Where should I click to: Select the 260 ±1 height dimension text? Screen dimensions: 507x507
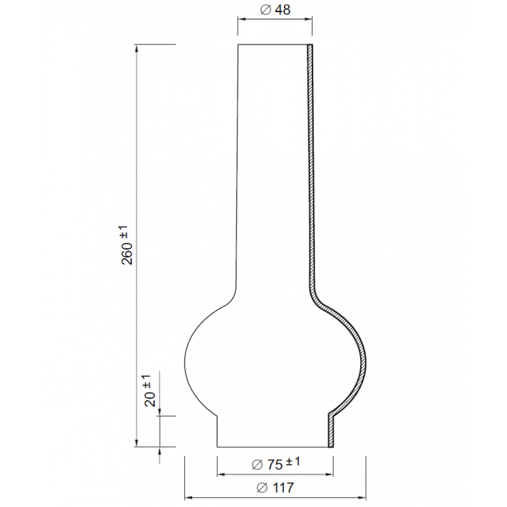(127, 245)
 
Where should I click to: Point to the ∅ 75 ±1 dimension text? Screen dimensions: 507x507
(275, 464)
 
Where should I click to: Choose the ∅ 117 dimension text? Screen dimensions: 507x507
(275, 487)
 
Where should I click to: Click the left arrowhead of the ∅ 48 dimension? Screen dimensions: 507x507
(240, 19)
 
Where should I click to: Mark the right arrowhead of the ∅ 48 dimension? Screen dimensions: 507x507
(311, 19)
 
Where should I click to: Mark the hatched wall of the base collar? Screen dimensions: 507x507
(330, 431)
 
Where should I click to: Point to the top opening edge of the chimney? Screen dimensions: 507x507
(273, 44)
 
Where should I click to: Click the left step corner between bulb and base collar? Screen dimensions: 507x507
(217, 415)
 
